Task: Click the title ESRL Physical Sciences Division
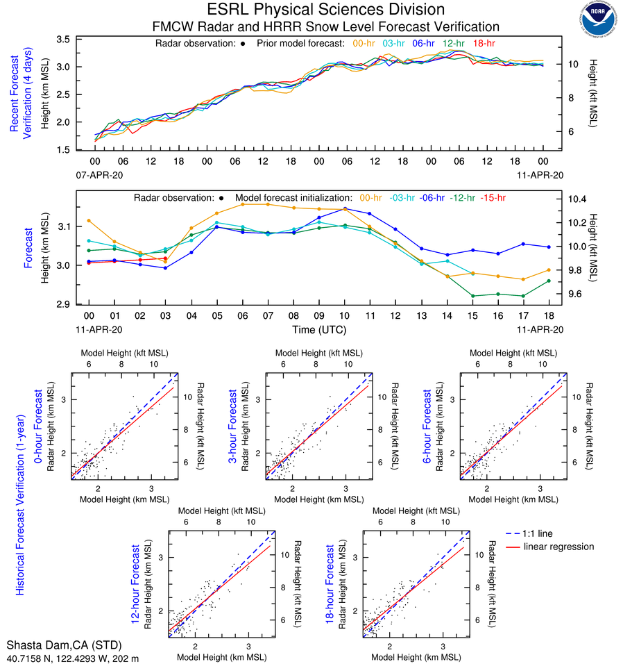click(x=325, y=10)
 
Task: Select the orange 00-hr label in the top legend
click(x=364, y=43)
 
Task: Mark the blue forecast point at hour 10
click(x=345, y=208)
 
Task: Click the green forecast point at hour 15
click(x=473, y=296)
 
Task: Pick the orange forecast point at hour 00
click(x=89, y=221)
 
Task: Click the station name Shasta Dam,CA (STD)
click(x=54, y=645)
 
